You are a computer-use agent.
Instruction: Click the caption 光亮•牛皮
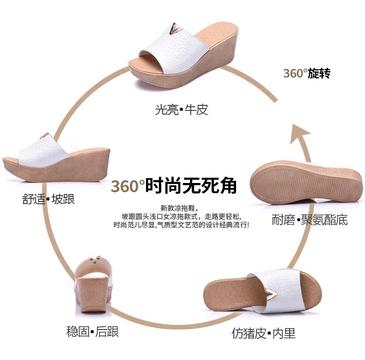(182, 110)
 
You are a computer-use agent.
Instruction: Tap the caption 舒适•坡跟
(49, 199)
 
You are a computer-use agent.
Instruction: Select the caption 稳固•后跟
(92, 331)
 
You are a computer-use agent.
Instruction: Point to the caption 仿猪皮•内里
(263, 333)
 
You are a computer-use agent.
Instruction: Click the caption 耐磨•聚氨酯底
(310, 220)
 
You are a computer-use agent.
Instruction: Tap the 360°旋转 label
(307, 73)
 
